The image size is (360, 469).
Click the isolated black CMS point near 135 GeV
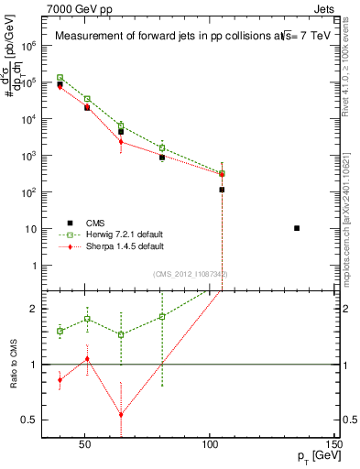296,228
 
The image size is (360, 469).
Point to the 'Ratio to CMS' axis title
13,363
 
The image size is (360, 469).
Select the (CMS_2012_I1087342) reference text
191,273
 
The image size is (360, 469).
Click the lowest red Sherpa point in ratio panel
121,415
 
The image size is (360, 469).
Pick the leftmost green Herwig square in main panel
60,78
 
